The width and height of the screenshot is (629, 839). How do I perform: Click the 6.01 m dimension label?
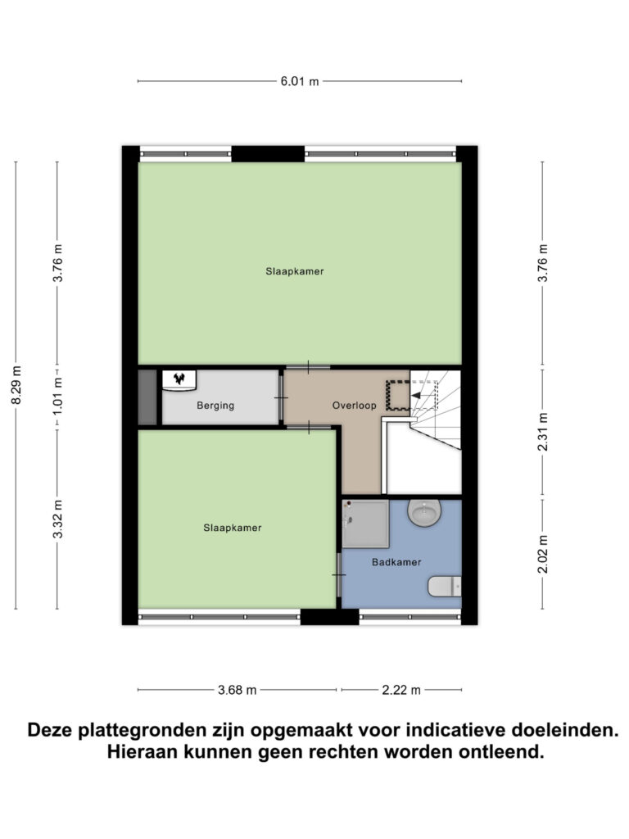pos(300,81)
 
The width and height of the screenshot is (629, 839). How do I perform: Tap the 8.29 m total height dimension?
pos(16,385)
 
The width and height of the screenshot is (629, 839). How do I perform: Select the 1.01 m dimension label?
pos(57,397)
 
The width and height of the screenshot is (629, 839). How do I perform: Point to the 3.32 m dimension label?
pos(57,519)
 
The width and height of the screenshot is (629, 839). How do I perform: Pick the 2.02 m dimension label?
pos(542,555)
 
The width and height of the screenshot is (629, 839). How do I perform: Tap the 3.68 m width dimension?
pos(238,690)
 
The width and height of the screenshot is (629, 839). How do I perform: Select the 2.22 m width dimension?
pos(401,690)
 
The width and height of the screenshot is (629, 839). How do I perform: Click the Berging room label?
pos(216,406)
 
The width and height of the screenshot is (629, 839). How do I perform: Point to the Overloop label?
pos(353,406)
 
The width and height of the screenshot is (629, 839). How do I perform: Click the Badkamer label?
pos(396,562)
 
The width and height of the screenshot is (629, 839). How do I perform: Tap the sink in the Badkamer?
pos(424,513)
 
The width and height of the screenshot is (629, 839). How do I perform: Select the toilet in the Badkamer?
pos(446,586)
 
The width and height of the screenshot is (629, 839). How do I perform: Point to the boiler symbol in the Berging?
pos(179,379)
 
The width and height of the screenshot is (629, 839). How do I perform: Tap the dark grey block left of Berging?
pos(147,397)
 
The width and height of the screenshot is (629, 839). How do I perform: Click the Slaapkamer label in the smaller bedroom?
pos(233,528)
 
